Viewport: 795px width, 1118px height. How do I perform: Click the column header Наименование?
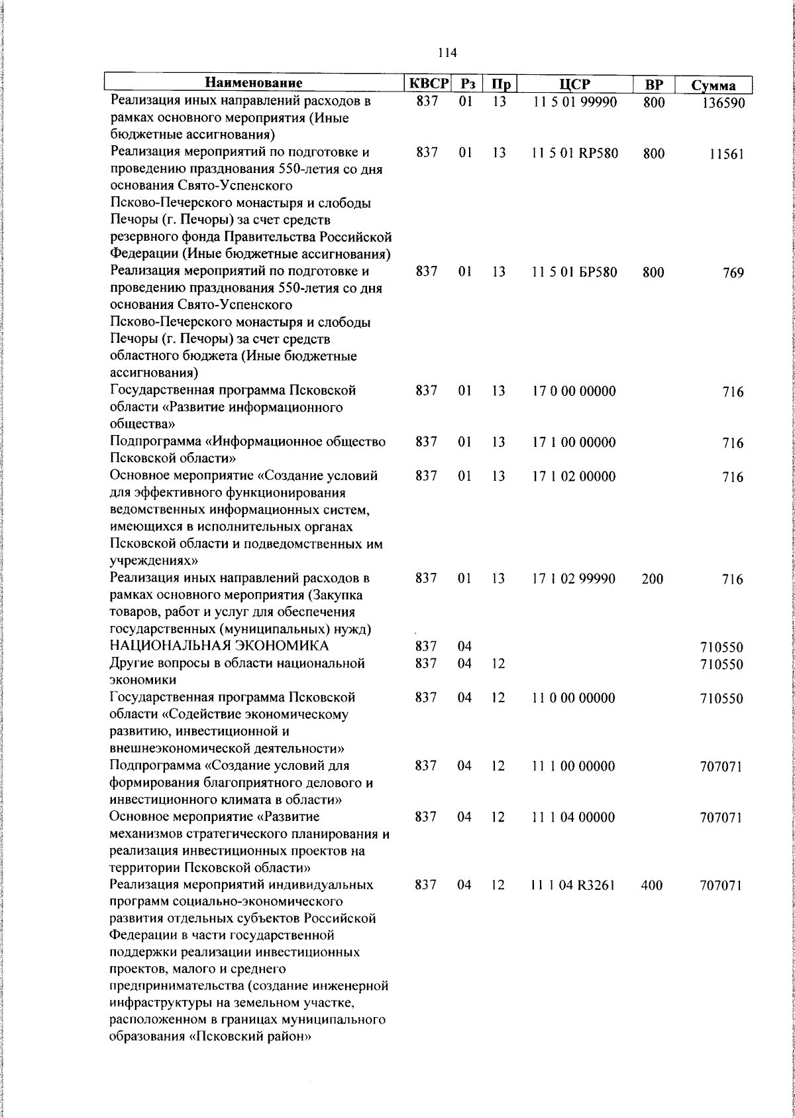254,84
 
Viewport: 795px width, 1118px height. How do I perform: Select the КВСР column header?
427,84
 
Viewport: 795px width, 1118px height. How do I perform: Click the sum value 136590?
722,103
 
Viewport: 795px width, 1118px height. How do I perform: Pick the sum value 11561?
725,155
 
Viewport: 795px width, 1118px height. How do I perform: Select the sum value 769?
733,273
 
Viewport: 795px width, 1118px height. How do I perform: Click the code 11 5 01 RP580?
574,154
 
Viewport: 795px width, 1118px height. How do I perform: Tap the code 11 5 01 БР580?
574,273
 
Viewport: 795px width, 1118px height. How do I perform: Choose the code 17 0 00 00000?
574,391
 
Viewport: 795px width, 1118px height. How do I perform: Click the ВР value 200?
652,579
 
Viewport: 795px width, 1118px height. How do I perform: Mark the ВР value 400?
652,885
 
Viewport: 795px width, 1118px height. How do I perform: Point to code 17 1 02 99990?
574,579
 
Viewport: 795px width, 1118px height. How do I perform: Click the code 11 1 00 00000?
574,767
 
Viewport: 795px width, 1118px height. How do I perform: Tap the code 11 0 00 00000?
574,698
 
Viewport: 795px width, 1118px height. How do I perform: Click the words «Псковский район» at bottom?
251,1055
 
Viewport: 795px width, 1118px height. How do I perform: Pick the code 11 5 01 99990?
574,102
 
